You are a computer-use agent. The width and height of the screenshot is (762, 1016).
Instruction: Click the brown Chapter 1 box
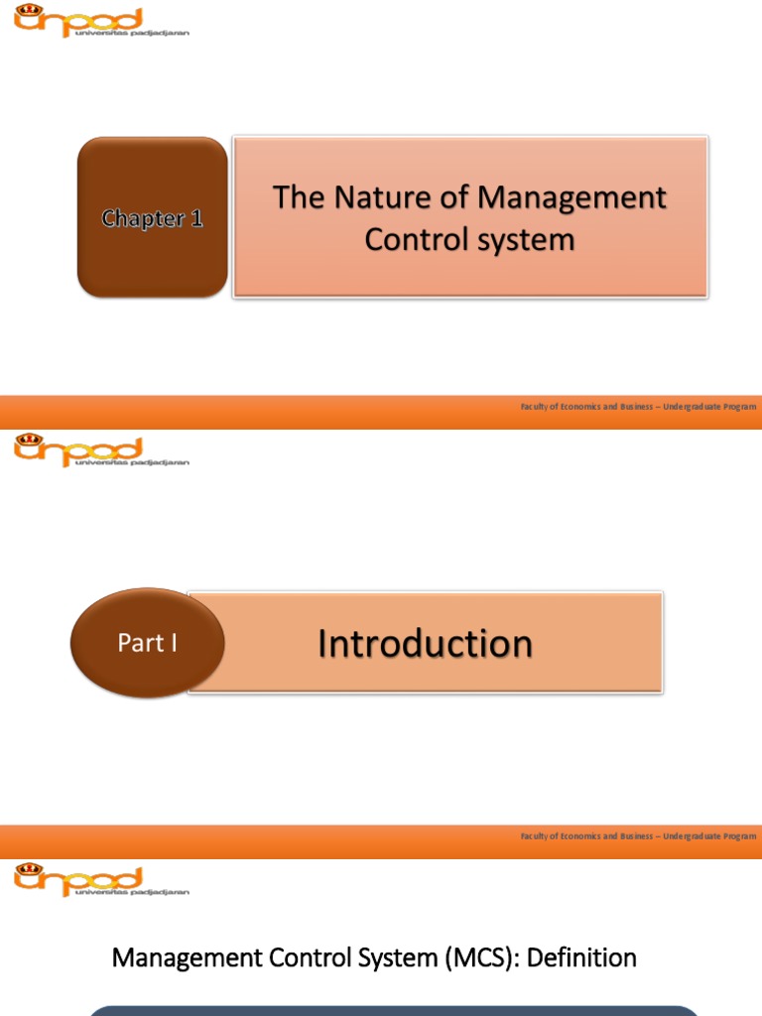152,217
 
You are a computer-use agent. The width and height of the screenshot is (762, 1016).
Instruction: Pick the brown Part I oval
147,643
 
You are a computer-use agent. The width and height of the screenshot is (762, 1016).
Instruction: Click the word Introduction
425,644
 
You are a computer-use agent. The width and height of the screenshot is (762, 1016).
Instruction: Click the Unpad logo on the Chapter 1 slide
100,21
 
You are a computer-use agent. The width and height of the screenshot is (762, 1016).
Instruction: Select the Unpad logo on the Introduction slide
100,451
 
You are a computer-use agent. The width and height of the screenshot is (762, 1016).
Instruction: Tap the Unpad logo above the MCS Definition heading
100,880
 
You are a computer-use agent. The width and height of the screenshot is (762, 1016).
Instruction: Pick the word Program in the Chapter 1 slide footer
735,407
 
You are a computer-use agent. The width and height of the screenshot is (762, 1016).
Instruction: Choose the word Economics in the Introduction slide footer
584,836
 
